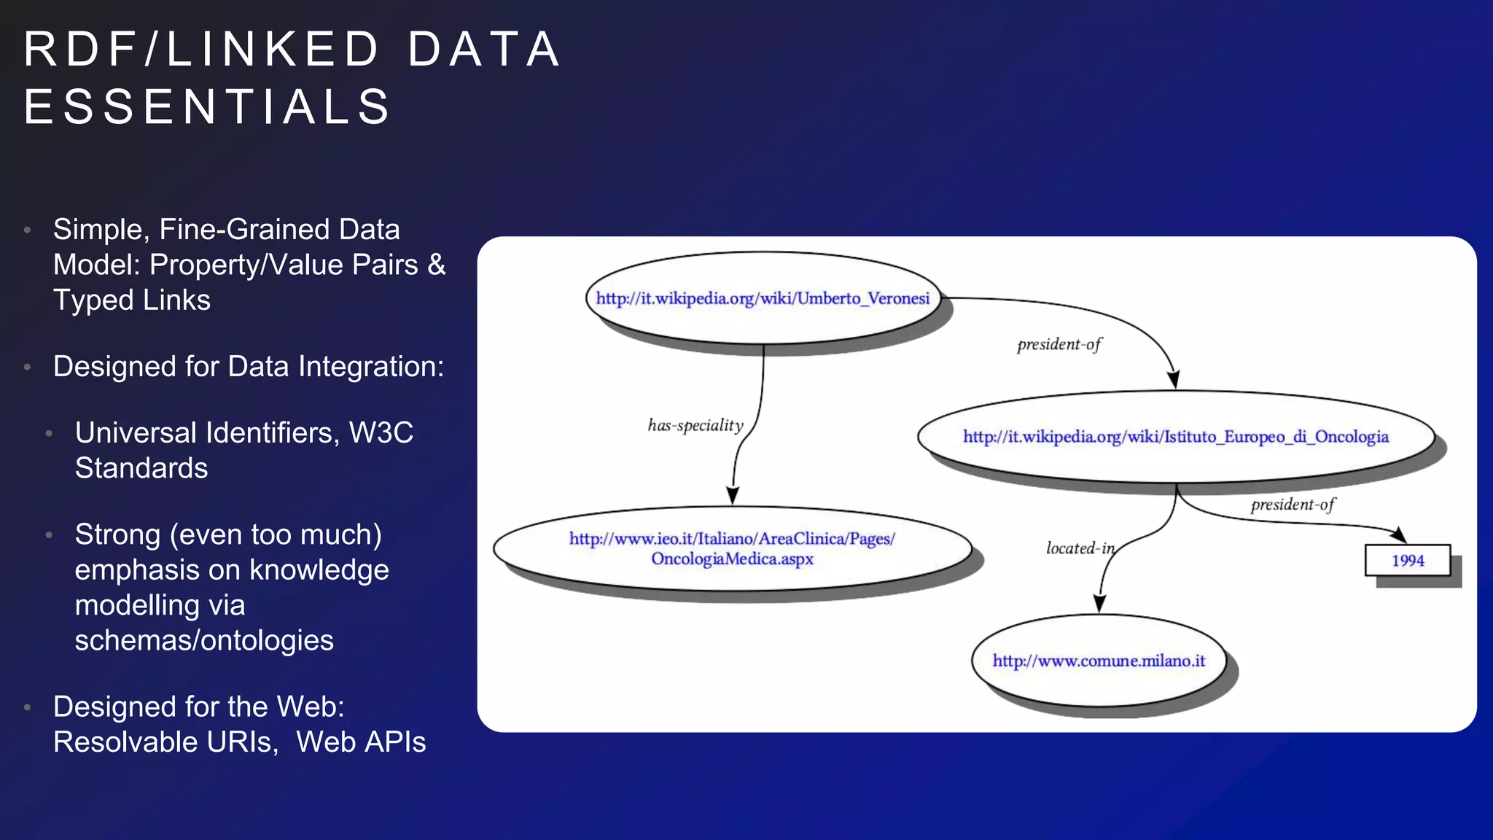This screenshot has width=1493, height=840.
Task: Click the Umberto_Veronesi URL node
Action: [763, 298]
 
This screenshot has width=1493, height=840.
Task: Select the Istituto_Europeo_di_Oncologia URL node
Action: [1175, 437]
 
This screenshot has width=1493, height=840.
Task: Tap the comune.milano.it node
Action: [1099, 661]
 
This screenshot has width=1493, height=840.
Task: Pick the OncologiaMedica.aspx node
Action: [732, 548]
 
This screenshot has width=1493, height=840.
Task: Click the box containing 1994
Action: [1407, 561]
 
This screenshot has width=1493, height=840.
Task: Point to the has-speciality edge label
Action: [695, 425]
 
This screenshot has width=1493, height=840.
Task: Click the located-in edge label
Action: [1080, 548]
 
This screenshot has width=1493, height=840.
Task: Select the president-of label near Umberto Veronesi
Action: [1059, 344]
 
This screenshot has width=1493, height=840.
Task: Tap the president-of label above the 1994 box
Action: [1293, 505]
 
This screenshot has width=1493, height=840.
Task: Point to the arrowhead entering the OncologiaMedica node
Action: [733, 496]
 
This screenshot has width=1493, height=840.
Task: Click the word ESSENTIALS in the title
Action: [208, 106]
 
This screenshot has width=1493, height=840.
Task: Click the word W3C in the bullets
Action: [381, 432]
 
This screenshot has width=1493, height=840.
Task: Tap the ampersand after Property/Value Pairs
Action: [437, 265]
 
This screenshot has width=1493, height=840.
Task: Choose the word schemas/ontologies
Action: [204, 640]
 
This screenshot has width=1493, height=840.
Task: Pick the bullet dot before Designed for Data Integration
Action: [28, 367]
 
